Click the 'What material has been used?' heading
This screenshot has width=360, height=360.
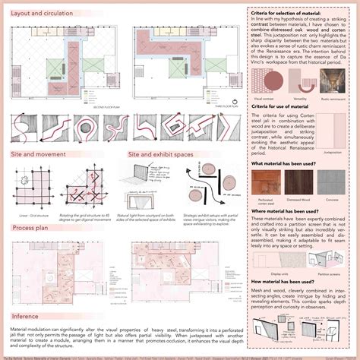point(284,163)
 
